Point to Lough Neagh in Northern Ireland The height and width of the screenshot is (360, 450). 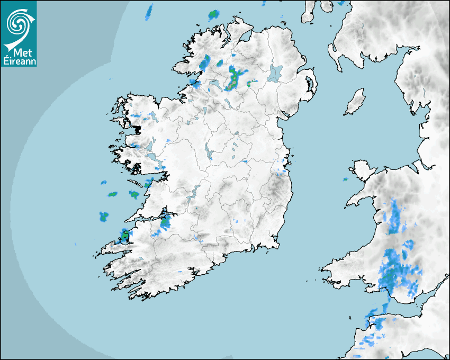point(276,73)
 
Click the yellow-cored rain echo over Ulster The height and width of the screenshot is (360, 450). point(233,79)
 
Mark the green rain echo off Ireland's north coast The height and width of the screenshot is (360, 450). point(213,14)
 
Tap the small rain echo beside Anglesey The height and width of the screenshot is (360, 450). point(345,180)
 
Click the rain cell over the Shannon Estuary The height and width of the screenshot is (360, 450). point(165,222)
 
